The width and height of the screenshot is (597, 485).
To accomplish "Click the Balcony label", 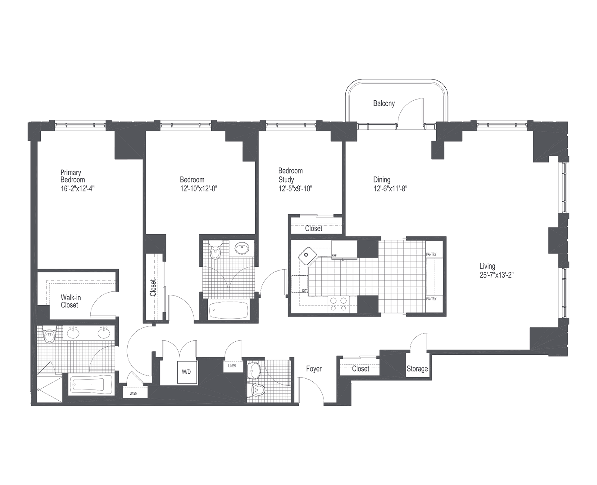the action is tap(384, 103).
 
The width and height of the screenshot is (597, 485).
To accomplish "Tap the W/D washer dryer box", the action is tap(186, 372).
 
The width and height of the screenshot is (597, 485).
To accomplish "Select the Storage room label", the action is tap(417, 369).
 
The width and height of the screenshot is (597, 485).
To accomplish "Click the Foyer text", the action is tap(314, 369).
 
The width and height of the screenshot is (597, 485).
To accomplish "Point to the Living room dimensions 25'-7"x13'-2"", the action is tap(496, 275).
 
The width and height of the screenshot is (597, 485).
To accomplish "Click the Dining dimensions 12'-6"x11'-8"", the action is tap(390, 188).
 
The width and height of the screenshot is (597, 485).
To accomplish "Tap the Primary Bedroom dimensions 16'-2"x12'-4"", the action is tap(78, 188).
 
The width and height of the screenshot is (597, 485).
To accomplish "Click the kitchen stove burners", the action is tap(338, 304).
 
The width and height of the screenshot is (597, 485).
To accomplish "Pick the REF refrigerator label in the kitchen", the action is tap(334, 256).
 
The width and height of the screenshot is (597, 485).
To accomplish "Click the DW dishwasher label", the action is tap(304, 291).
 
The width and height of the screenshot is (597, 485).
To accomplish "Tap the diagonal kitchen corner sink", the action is tap(307, 255).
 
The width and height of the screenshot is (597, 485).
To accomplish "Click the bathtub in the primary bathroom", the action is tap(91, 385).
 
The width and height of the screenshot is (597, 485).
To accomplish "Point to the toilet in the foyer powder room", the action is tap(256, 389).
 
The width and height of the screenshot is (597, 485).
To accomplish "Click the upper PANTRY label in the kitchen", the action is tap(431, 254).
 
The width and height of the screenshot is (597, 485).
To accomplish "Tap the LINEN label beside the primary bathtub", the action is tap(134, 393).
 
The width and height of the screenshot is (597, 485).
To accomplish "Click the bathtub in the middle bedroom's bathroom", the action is tap(229, 310).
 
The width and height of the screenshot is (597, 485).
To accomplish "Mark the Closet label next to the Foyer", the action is tap(360, 369).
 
